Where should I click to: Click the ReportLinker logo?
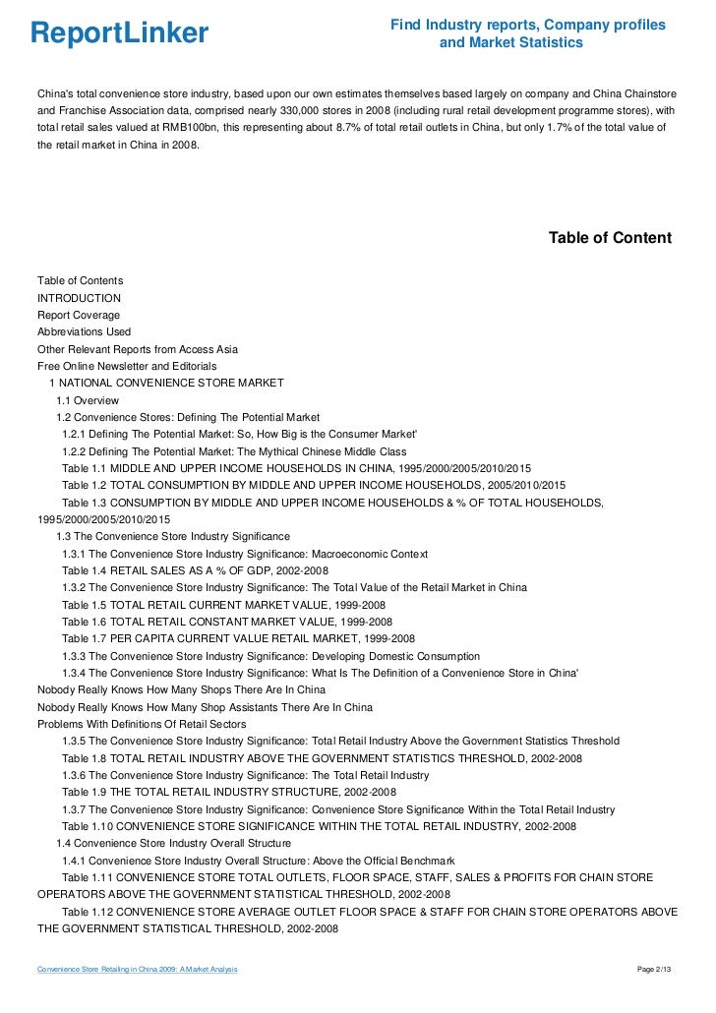coord(119,33)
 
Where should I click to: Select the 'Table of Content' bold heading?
coord(609,238)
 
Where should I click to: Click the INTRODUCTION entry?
coord(79,298)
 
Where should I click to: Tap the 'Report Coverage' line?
coord(79,315)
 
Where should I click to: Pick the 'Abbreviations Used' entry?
coord(84,331)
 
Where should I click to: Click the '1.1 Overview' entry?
coord(88,400)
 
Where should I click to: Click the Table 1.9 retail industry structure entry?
coord(229,792)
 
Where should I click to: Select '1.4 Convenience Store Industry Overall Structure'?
coord(173,843)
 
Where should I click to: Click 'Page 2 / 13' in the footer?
coord(655,971)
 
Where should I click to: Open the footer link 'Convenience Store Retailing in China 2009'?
coord(137,971)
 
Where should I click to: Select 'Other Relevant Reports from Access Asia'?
coord(137,349)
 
